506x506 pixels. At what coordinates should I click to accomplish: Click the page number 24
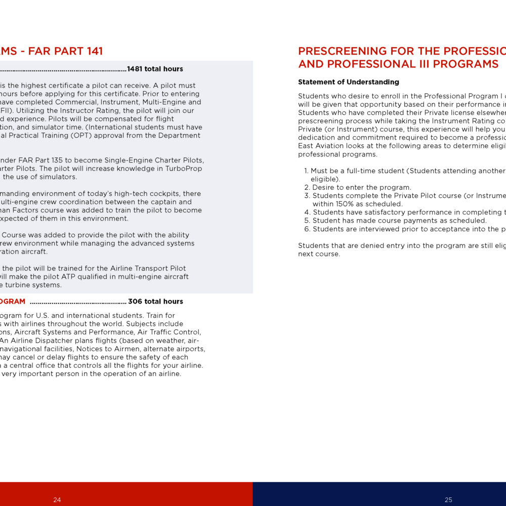click(x=57, y=500)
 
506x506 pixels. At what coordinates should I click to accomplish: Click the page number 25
click(x=448, y=500)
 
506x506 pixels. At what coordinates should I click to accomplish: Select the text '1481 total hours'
click(x=155, y=69)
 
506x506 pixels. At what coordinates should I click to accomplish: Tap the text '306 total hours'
click(x=155, y=302)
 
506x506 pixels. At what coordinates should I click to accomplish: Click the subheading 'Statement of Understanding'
click(x=348, y=82)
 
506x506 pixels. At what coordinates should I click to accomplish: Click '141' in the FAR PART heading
click(x=94, y=51)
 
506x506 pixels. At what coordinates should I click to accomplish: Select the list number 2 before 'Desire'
click(x=307, y=187)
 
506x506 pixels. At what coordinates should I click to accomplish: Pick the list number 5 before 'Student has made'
click(x=307, y=221)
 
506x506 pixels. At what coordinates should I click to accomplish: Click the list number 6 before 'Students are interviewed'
click(x=307, y=229)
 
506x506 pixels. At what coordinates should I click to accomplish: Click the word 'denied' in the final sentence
click(x=353, y=245)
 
